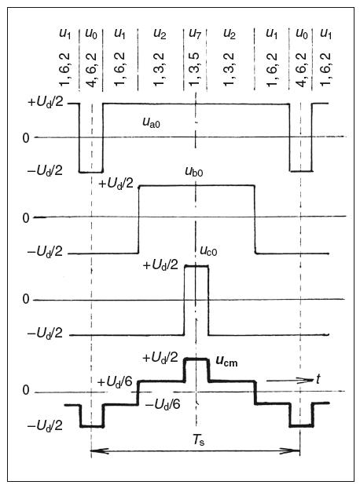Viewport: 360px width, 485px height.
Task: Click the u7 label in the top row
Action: click(195, 34)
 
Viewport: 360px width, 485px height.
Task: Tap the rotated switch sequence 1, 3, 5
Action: click(195, 69)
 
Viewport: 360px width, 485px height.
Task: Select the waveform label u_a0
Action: click(152, 122)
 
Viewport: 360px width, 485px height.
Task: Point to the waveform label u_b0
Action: click(194, 171)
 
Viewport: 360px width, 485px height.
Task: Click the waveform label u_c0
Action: click(208, 251)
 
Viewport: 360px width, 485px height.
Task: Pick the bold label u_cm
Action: click(226, 361)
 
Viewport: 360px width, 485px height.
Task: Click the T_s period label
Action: click(199, 439)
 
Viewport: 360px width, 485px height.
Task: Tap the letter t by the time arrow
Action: click(318, 378)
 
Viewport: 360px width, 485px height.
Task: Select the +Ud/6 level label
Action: click(115, 382)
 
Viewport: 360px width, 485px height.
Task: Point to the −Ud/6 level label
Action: click(163, 404)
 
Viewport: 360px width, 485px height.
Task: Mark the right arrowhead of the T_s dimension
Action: click(291, 450)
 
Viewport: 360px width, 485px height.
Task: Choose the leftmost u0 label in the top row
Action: click(90, 34)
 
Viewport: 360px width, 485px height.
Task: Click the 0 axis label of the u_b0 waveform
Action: click(26, 218)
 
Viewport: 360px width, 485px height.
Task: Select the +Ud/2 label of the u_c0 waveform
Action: click(160, 265)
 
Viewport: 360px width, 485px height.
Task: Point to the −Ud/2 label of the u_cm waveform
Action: click(45, 426)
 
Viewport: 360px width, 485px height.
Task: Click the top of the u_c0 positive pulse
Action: click(197, 266)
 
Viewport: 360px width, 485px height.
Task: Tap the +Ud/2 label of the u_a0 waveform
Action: click(46, 102)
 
